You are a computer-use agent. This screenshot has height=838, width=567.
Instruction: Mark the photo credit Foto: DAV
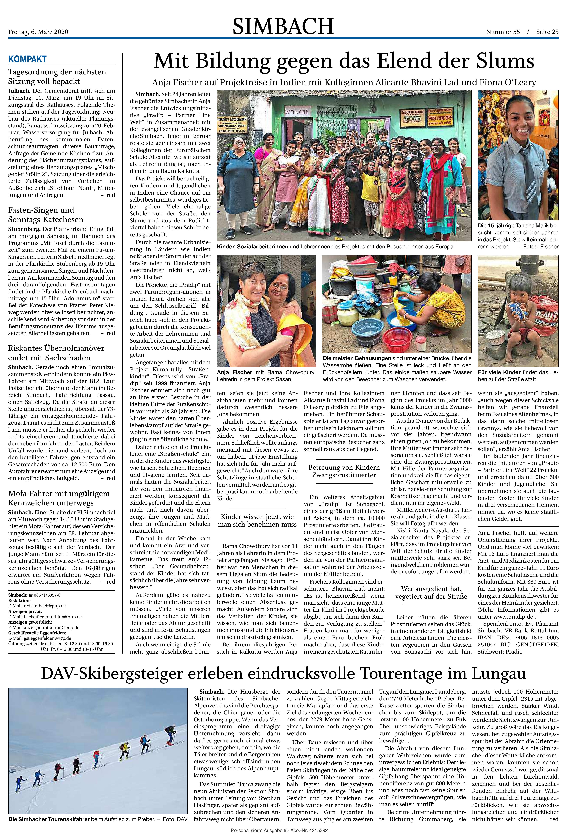(175, 819)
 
